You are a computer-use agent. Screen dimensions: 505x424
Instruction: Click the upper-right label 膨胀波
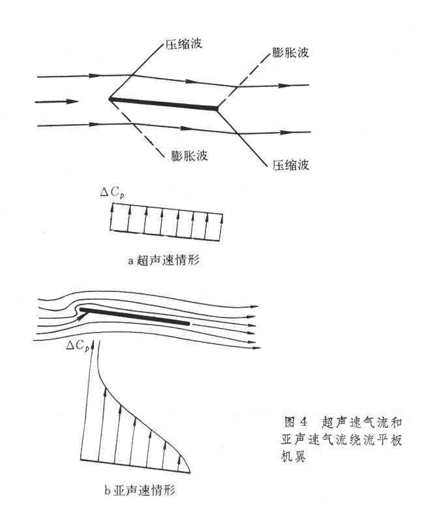click(x=290, y=52)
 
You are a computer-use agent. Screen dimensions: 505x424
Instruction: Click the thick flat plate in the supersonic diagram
click(x=163, y=104)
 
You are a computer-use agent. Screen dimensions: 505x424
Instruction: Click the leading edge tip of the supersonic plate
click(x=110, y=99)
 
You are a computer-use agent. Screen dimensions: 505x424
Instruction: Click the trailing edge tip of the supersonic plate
click(x=217, y=108)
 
